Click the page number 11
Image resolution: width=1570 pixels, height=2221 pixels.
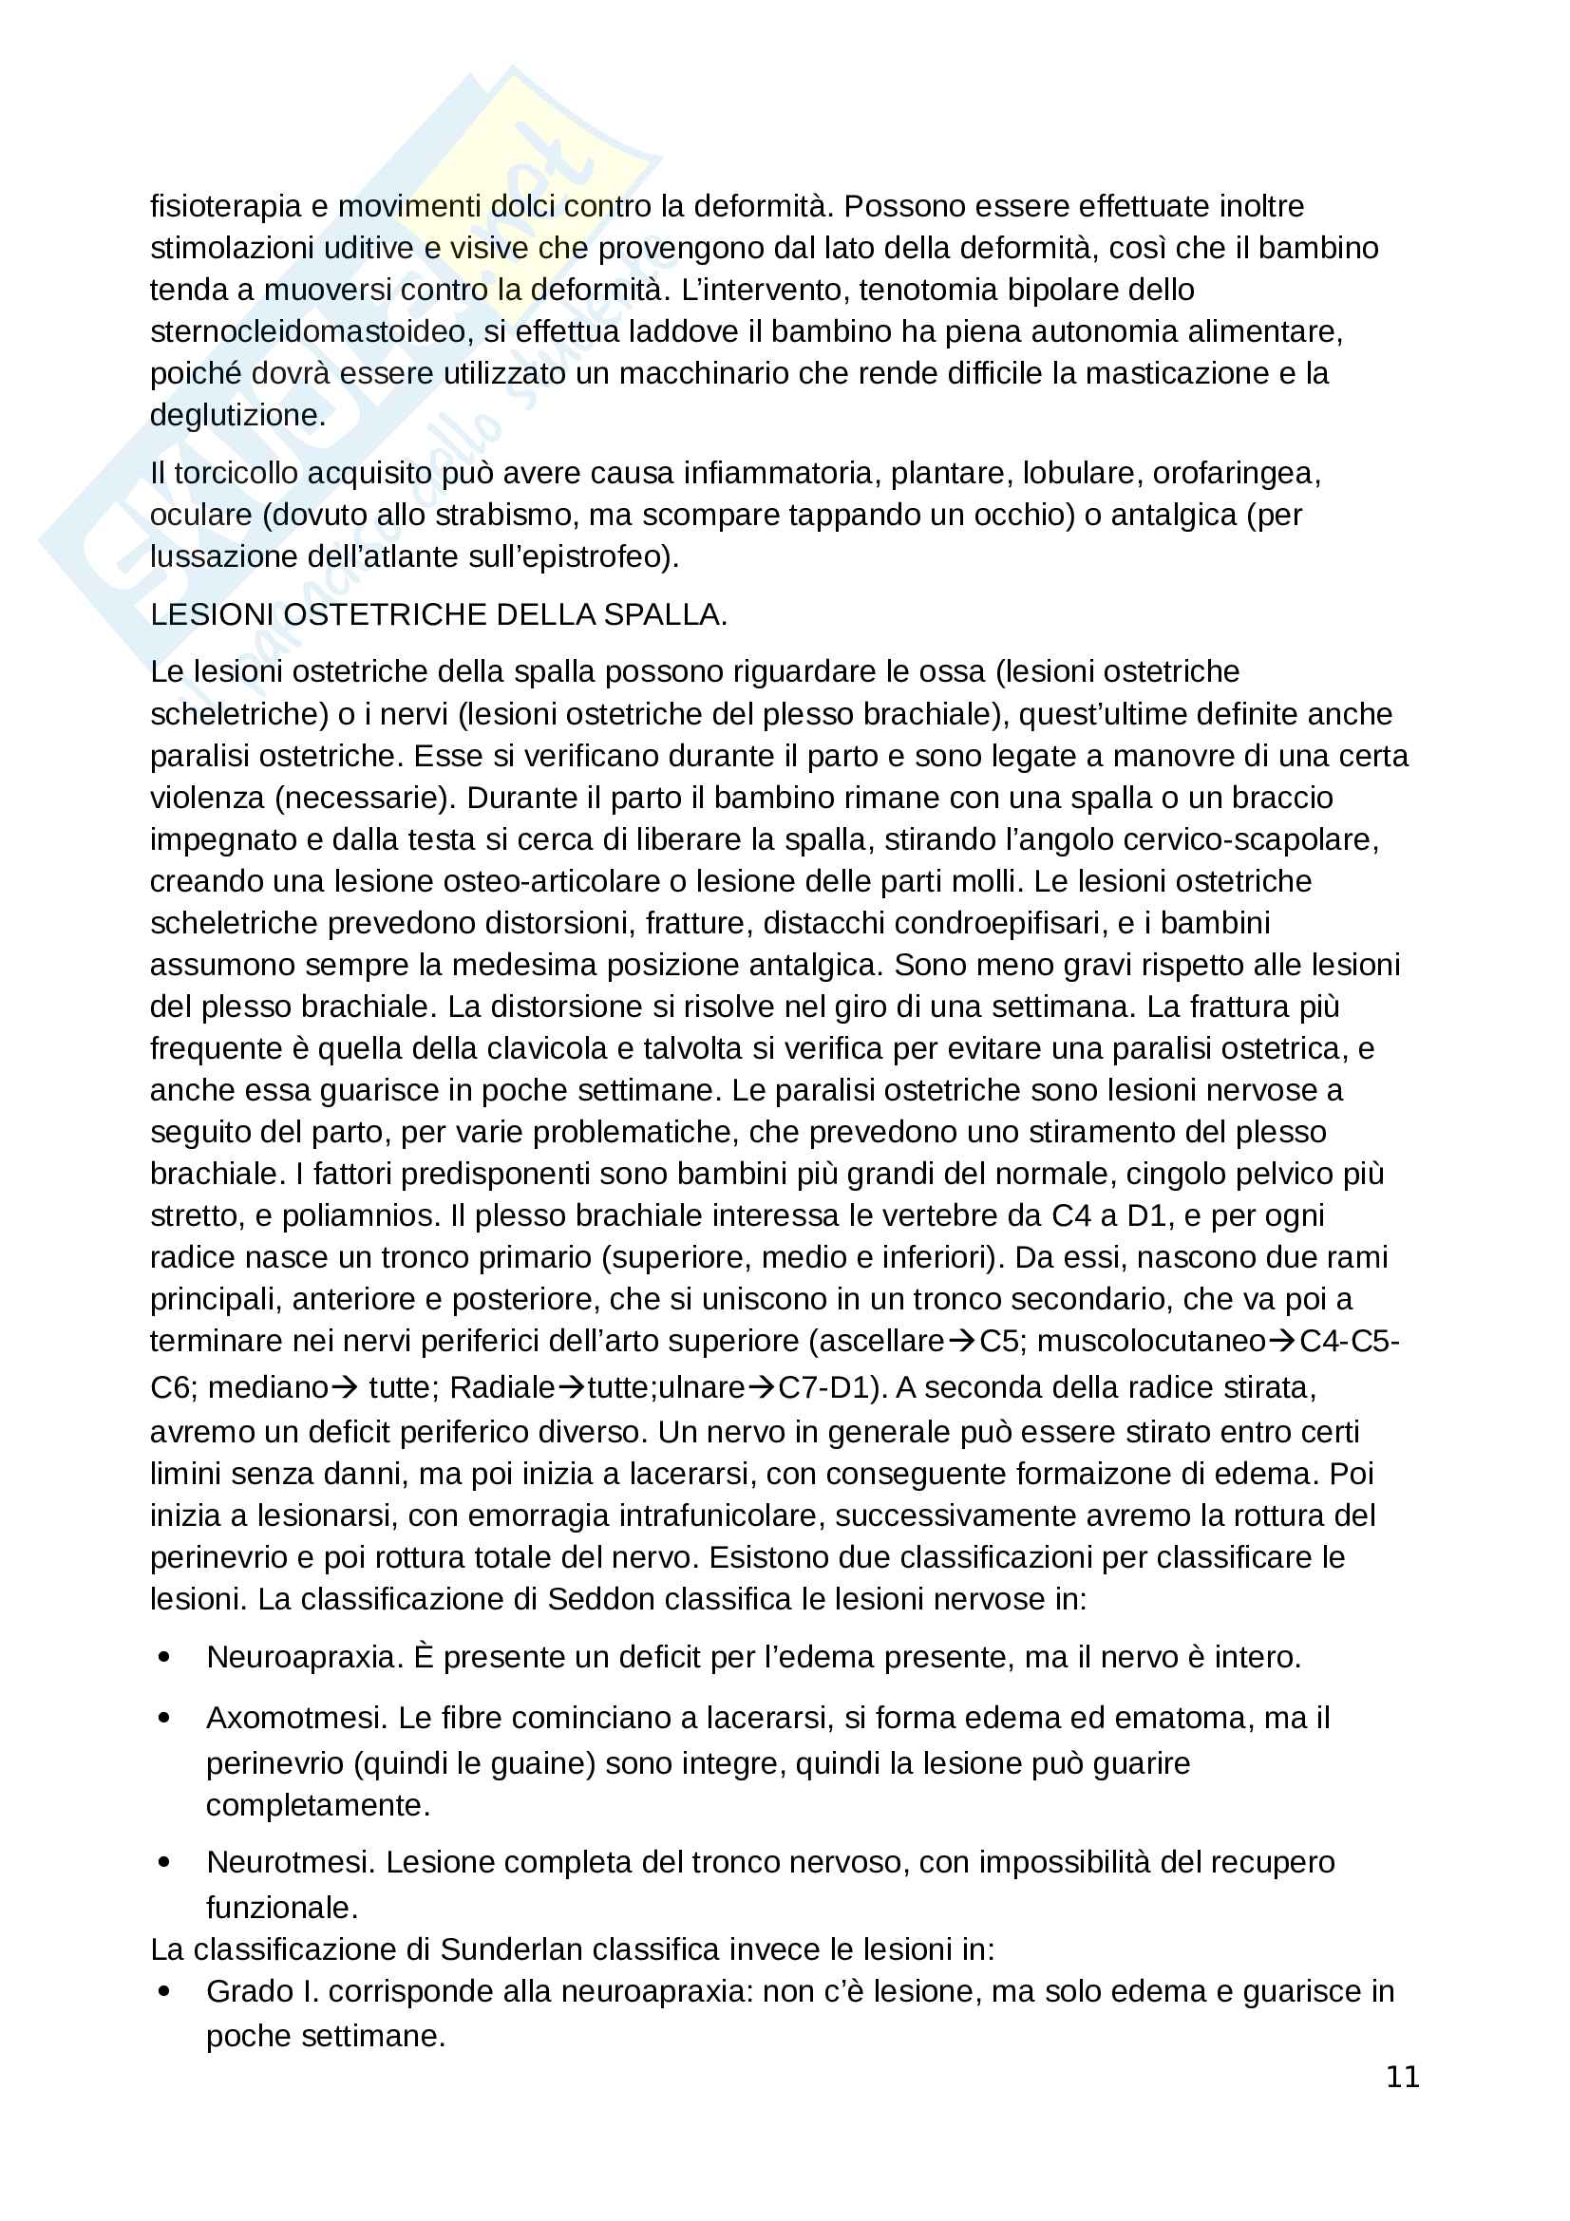[1403, 2077]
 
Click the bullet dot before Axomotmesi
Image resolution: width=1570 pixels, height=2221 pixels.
[163, 1718]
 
